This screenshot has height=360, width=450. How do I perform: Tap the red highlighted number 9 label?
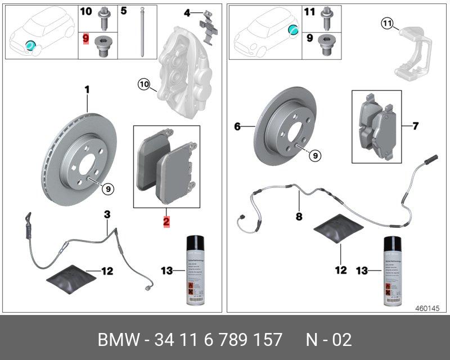pos(85,39)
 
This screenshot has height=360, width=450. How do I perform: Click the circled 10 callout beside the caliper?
pos(144,85)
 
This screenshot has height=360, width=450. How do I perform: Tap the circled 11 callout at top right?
pos(386,23)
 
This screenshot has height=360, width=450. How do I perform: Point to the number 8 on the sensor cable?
pos(299,215)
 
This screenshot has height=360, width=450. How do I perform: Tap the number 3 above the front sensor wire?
pos(107,214)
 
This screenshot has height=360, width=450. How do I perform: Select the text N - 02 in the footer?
pos(328,340)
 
